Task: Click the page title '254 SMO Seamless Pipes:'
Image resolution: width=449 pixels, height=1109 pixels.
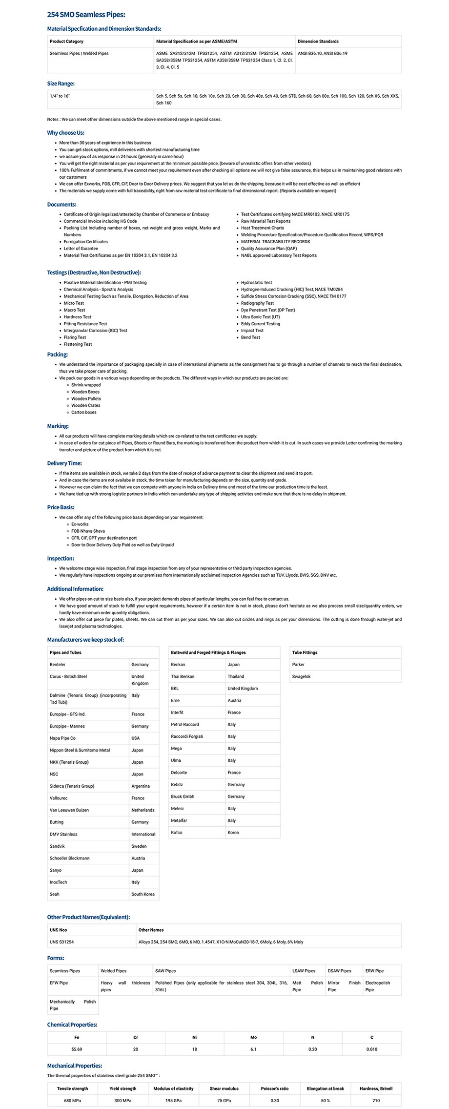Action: (x=86, y=15)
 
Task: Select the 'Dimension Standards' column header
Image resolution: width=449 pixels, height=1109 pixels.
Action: (x=318, y=42)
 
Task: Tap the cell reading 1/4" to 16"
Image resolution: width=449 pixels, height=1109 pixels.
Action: (x=60, y=96)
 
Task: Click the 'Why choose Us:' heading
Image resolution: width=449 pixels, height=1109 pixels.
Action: (x=65, y=133)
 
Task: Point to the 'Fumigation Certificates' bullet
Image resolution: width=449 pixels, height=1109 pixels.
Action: (x=86, y=242)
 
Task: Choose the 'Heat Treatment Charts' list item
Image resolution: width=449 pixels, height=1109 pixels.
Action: (x=262, y=228)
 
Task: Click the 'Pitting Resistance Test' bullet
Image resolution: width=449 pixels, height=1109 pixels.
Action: (x=85, y=324)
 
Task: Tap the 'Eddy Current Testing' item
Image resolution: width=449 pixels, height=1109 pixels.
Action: (x=260, y=324)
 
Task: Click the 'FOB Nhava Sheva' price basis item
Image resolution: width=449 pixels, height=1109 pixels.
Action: (x=88, y=531)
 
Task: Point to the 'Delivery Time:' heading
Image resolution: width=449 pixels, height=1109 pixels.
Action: (x=64, y=463)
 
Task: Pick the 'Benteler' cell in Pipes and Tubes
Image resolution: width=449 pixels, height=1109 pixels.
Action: (x=58, y=665)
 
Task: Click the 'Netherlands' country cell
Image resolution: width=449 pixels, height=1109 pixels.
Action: (x=143, y=810)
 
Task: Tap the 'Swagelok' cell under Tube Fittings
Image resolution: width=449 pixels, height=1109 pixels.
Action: (x=301, y=676)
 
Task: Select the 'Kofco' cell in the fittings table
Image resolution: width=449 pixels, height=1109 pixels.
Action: (x=177, y=832)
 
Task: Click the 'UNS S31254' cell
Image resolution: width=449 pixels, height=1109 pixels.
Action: (x=61, y=942)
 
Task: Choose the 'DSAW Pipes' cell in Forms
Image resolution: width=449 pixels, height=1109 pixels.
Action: (x=339, y=971)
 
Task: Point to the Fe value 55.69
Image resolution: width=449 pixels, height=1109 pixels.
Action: (x=77, y=1049)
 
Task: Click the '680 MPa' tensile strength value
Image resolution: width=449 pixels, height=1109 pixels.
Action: (x=73, y=1100)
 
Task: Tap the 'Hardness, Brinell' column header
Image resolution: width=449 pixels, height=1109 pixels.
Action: (x=376, y=1088)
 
